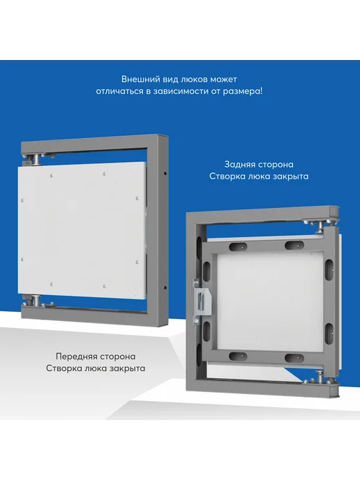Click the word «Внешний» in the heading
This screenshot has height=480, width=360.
pos(137,80)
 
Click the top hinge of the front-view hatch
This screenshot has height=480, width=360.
pos(34,160)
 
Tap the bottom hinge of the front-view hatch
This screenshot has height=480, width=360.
pos(34,300)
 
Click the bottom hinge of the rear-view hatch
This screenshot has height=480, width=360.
pos(320,377)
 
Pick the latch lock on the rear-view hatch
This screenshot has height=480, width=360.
pos(202,301)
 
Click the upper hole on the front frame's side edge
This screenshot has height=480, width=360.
pos(165,174)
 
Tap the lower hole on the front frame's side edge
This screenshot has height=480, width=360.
pos(165,287)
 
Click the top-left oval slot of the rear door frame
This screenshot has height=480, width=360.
pos(238,246)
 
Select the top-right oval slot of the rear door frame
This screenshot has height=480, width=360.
pos(294,245)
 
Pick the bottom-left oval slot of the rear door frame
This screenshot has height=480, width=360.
pos(238,357)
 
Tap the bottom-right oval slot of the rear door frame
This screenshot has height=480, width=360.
pos(294,358)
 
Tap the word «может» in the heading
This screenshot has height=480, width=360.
pos(223,80)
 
